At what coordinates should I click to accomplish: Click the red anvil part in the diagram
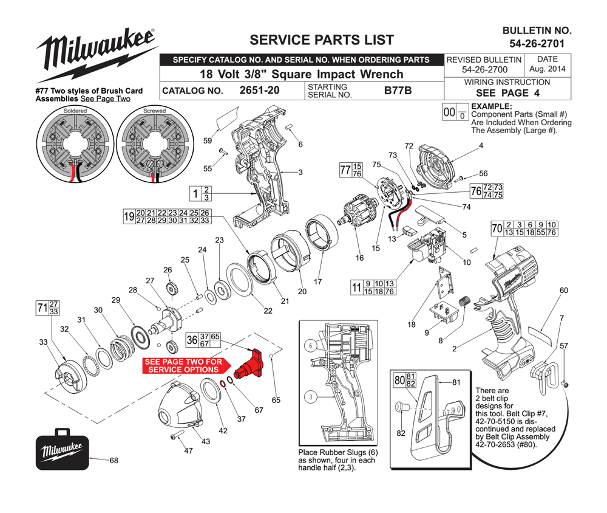click(249, 365)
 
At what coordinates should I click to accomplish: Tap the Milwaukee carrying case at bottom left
click(63, 449)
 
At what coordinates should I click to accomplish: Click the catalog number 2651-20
click(259, 91)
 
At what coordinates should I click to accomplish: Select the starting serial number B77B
click(398, 91)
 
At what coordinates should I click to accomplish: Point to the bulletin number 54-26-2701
click(537, 43)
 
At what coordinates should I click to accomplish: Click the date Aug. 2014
click(548, 69)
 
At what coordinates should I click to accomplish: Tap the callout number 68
click(114, 460)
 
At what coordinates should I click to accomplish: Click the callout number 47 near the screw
click(188, 450)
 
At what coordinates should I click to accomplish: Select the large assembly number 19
click(129, 216)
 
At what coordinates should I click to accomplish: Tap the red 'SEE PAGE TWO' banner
click(186, 366)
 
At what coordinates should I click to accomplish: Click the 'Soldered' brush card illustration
click(75, 144)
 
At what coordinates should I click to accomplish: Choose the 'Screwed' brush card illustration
click(155, 144)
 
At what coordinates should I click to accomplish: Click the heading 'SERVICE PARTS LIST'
click(322, 40)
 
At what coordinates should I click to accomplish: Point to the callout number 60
click(564, 291)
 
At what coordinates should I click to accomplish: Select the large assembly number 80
click(399, 380)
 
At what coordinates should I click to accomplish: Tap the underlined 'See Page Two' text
click(105, 99)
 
